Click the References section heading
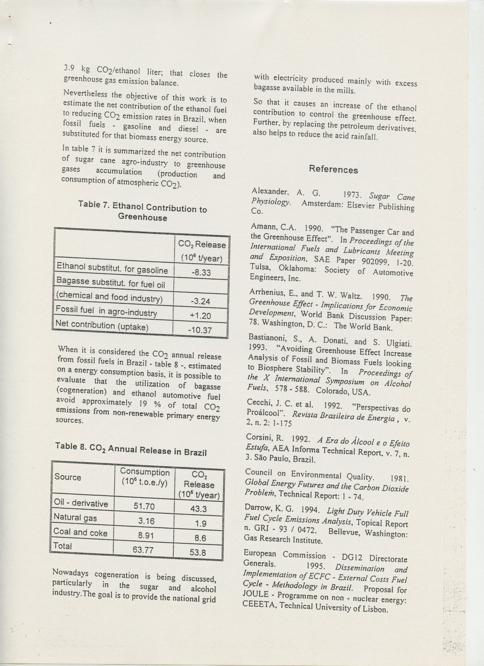tap(333, 169)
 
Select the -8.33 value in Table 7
tap(201, 272)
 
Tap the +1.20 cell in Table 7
tap(201, 316)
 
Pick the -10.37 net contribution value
tap(200, 330)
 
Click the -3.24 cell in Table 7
tap(201, 302)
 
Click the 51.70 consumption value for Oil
tap(144, 506)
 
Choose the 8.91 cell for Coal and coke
tap(146, 536)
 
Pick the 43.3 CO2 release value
tap(199, 509)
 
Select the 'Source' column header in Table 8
tap(68, 477)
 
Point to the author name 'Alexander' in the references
tap(270, 191)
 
